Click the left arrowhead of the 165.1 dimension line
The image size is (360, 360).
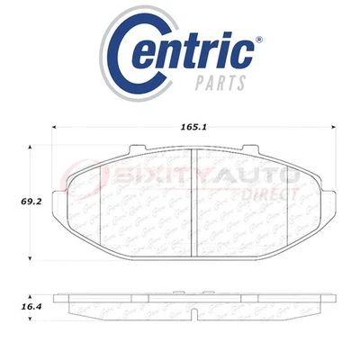[x=57, y=125]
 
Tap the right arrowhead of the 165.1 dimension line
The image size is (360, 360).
[x=336, y=125]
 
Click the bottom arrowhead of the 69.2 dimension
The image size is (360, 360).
[x=36, y=258]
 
